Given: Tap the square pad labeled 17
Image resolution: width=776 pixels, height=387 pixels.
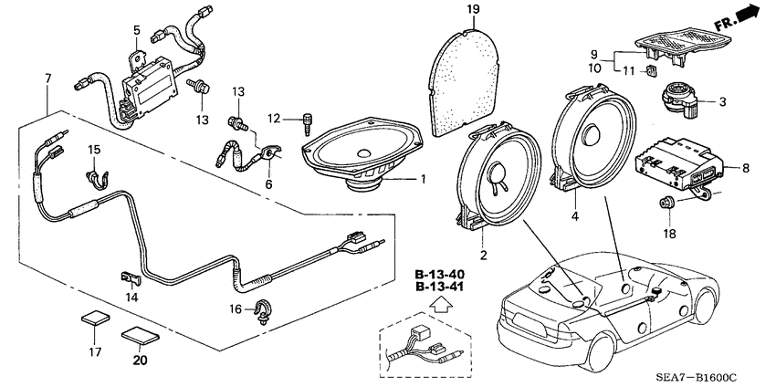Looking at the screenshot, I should (93, 319).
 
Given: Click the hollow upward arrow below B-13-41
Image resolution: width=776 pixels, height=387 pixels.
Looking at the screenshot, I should (444, 308).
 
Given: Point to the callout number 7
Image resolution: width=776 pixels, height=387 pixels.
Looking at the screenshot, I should (47, 81).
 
